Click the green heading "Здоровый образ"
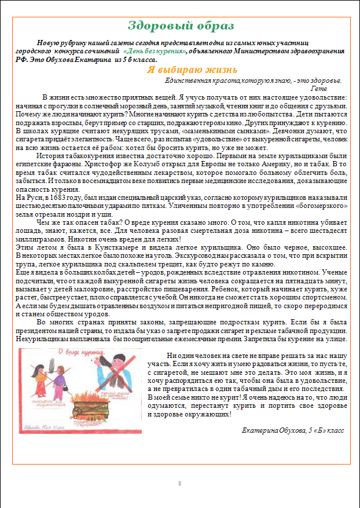click(x=181, y=25)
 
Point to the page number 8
click(x=179, y=483)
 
